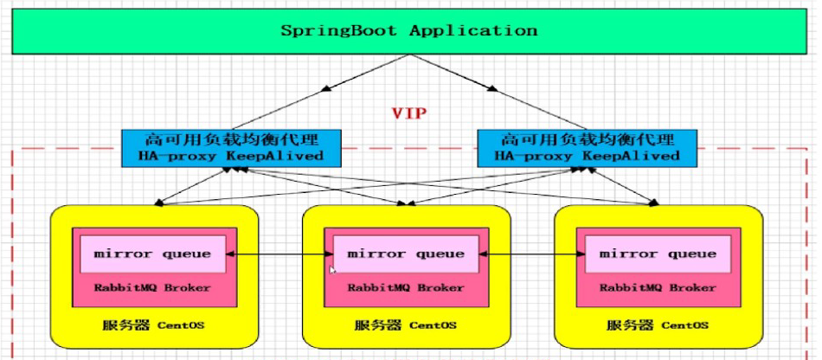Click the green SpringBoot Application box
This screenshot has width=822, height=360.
[x=408, y=31]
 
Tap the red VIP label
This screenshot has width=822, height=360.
[x=409, y=113]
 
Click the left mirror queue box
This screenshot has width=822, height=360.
[x=153, y=254]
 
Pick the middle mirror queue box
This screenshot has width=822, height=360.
[x=406, y=254]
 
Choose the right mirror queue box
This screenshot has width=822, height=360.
[x=658, y=254]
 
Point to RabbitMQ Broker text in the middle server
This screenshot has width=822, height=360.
[x=406, y=287]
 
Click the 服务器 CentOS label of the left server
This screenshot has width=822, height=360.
[x=154, y=326]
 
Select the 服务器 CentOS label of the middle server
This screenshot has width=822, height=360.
[x=406, y=326]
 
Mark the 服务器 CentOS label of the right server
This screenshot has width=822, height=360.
[x=658, y=326]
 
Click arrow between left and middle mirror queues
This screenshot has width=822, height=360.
[x=279, y=254]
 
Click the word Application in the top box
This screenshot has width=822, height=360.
[x=473, y=31]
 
